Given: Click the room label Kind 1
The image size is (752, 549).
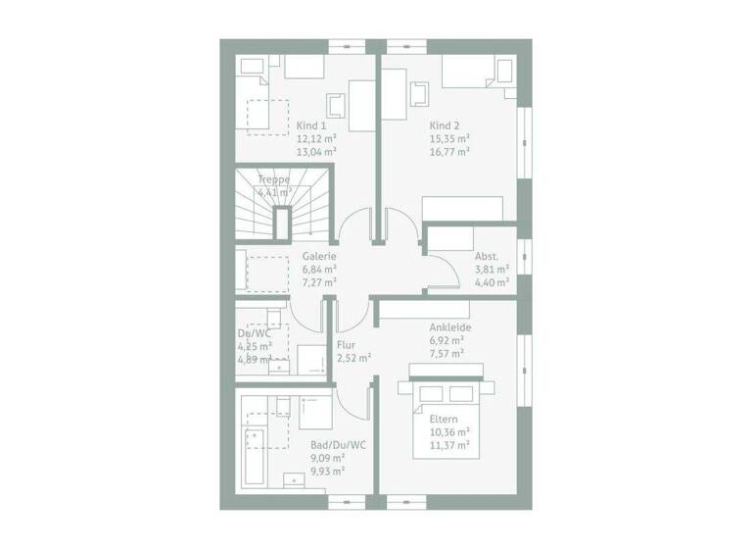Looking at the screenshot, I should click(x=310, y=125).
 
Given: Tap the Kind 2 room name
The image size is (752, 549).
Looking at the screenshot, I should click(x=444, y=125).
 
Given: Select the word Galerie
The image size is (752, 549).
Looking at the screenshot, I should click(x=319, y=256).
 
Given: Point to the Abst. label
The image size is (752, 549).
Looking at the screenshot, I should click(x=487, y=256).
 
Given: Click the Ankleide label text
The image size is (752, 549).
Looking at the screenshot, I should click(x=450, y=326).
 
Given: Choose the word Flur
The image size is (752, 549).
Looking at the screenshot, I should click(x=346, y=346).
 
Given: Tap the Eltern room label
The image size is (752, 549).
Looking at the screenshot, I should click(x=444, y=419).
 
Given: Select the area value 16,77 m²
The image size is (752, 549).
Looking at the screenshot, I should click(x=449, y=152).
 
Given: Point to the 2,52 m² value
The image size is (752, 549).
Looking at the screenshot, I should click(x=352, y=359).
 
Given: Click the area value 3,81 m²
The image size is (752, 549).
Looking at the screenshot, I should click(x=492, y=269).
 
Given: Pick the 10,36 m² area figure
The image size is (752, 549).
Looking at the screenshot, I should click(x=449, y=431).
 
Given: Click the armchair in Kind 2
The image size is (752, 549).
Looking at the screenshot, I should click(x=421, y=92).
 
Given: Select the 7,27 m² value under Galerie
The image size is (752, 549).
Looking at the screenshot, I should click(x=319, y=281).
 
